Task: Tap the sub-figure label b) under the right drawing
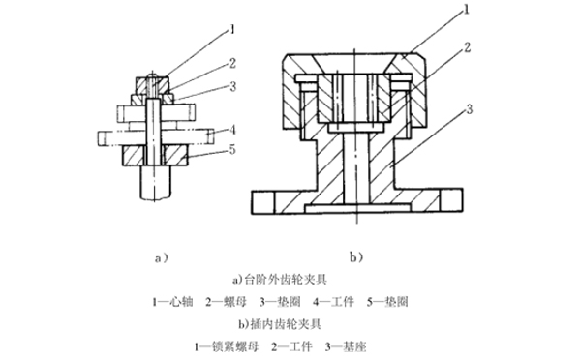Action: coord(356,257)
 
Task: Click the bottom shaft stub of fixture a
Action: coord(154,183)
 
